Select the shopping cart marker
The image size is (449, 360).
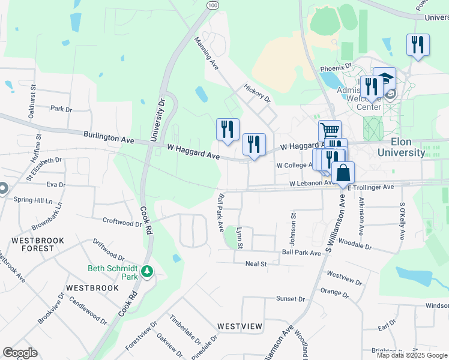pos(329,130)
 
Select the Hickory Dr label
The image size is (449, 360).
pos(258,93)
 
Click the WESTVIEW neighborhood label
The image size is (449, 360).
pos(240,326)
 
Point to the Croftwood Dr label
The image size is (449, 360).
pos(122,222)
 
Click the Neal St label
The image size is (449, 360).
pos(256,263)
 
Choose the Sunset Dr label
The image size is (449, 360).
pos(291,299)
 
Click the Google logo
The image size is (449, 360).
pos(19,353)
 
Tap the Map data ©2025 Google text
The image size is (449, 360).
pos(411,355)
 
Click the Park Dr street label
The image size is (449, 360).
pos(61,109)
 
